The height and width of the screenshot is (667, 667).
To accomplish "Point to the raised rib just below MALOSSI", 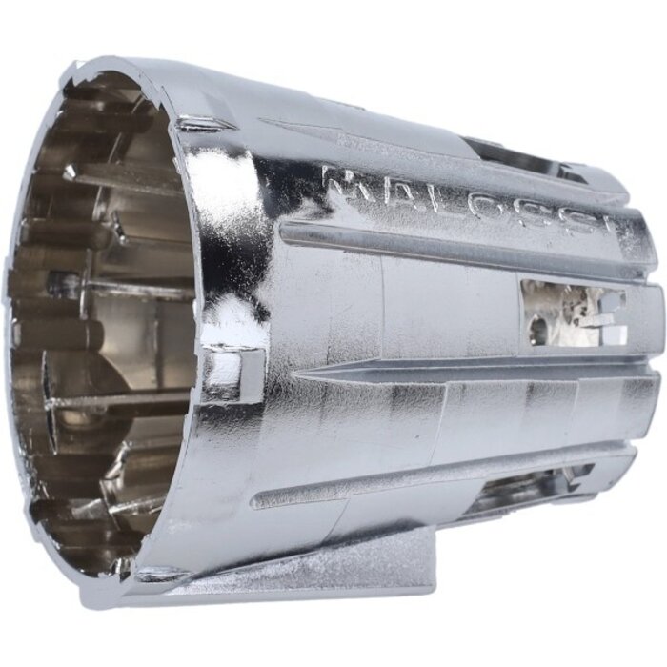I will [457, 253].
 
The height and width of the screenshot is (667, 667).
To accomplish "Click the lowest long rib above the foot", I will [429, 476].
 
